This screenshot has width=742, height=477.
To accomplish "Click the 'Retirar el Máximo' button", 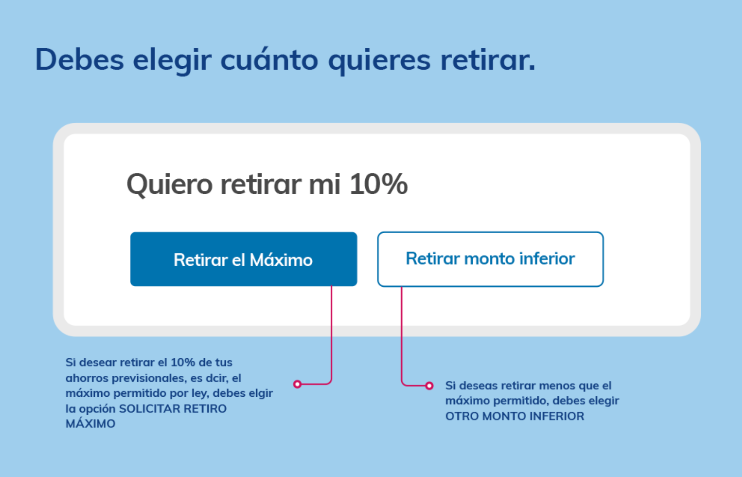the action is (243, 259).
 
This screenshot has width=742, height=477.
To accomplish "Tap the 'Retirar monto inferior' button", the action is (490, 259).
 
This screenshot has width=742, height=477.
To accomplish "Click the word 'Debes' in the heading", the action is (79, 60).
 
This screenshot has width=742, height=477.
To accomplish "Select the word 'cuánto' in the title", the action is (269, 60).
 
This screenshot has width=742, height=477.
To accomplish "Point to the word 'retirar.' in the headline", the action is (488, 60).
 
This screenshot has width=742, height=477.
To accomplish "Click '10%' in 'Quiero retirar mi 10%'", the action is (378, 184).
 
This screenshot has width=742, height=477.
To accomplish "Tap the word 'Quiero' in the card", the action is (170, 185).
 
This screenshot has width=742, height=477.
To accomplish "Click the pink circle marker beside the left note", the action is (297, 384).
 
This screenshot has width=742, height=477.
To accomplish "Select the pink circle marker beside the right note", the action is (429, 385).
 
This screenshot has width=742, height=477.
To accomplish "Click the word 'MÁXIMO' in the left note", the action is (90, 424).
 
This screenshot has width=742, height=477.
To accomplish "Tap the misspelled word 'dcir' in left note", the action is (217, 378).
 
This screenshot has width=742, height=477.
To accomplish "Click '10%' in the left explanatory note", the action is (183, 363).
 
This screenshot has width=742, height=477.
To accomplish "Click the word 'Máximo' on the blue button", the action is (281, 260).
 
